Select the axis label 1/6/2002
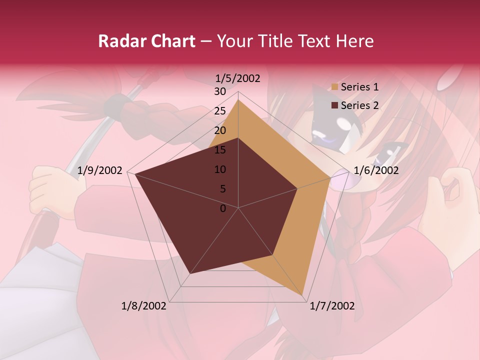[376, 170]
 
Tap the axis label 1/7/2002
[332, 306]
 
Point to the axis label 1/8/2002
[144, 306]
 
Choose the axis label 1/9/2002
[100, 170]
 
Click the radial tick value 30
[220, 91]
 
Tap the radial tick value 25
[220, 111]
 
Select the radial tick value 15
[220, 150]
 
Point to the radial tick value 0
[223, 208]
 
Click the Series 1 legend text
[359, 87]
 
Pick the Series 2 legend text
[359, 105]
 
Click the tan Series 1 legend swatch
[334, 87]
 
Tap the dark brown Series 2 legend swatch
[334, 105]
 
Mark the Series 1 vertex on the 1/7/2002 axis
[302, 295]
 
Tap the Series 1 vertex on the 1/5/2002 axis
[238, 99]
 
